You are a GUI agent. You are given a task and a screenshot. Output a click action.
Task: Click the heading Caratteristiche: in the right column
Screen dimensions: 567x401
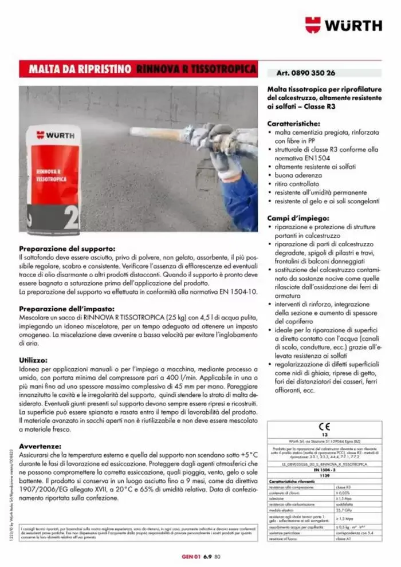293,123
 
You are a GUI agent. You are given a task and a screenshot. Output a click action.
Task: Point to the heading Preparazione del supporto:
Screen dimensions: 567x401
67,249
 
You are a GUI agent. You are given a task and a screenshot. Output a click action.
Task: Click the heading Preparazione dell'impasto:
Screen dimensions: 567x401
68,308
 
